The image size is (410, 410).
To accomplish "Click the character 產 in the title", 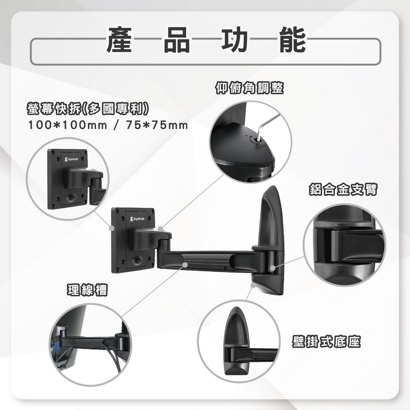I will (x=119, y=40).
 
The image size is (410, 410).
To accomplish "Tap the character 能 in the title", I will (x=293, y=40).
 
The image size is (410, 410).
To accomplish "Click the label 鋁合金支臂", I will (x=343, y=189).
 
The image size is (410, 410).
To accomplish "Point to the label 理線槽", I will (x=87, y=290).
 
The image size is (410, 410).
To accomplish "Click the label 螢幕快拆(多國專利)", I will (x=86, y=109).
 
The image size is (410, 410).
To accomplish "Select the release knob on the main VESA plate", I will (x=138, y=260).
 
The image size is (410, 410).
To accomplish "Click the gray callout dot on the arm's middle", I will (x=185, y=265).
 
